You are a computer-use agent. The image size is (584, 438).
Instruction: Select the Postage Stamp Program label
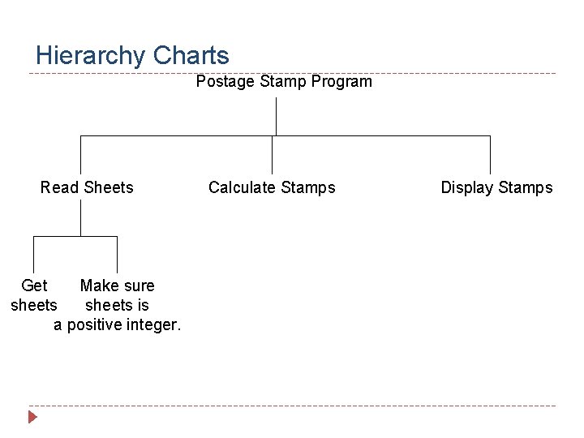(284, 81)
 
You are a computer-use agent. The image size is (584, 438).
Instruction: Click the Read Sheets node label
(87, 187)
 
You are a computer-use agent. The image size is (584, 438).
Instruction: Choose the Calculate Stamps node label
(272, 187)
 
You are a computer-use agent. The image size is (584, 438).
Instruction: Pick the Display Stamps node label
(496, 187)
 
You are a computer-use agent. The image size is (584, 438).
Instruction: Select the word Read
(59, 187)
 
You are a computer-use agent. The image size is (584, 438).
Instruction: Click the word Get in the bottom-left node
(34, 286)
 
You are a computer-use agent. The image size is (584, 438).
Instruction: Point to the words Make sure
(117, 286)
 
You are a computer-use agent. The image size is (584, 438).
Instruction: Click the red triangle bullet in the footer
(32, 418)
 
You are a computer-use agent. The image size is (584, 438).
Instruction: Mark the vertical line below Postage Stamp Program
(277, 116)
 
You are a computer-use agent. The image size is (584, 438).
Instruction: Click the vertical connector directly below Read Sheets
(81, 217)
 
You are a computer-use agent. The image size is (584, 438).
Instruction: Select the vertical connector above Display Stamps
(490, 154)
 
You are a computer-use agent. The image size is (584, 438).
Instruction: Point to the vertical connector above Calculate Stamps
(272, 154)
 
